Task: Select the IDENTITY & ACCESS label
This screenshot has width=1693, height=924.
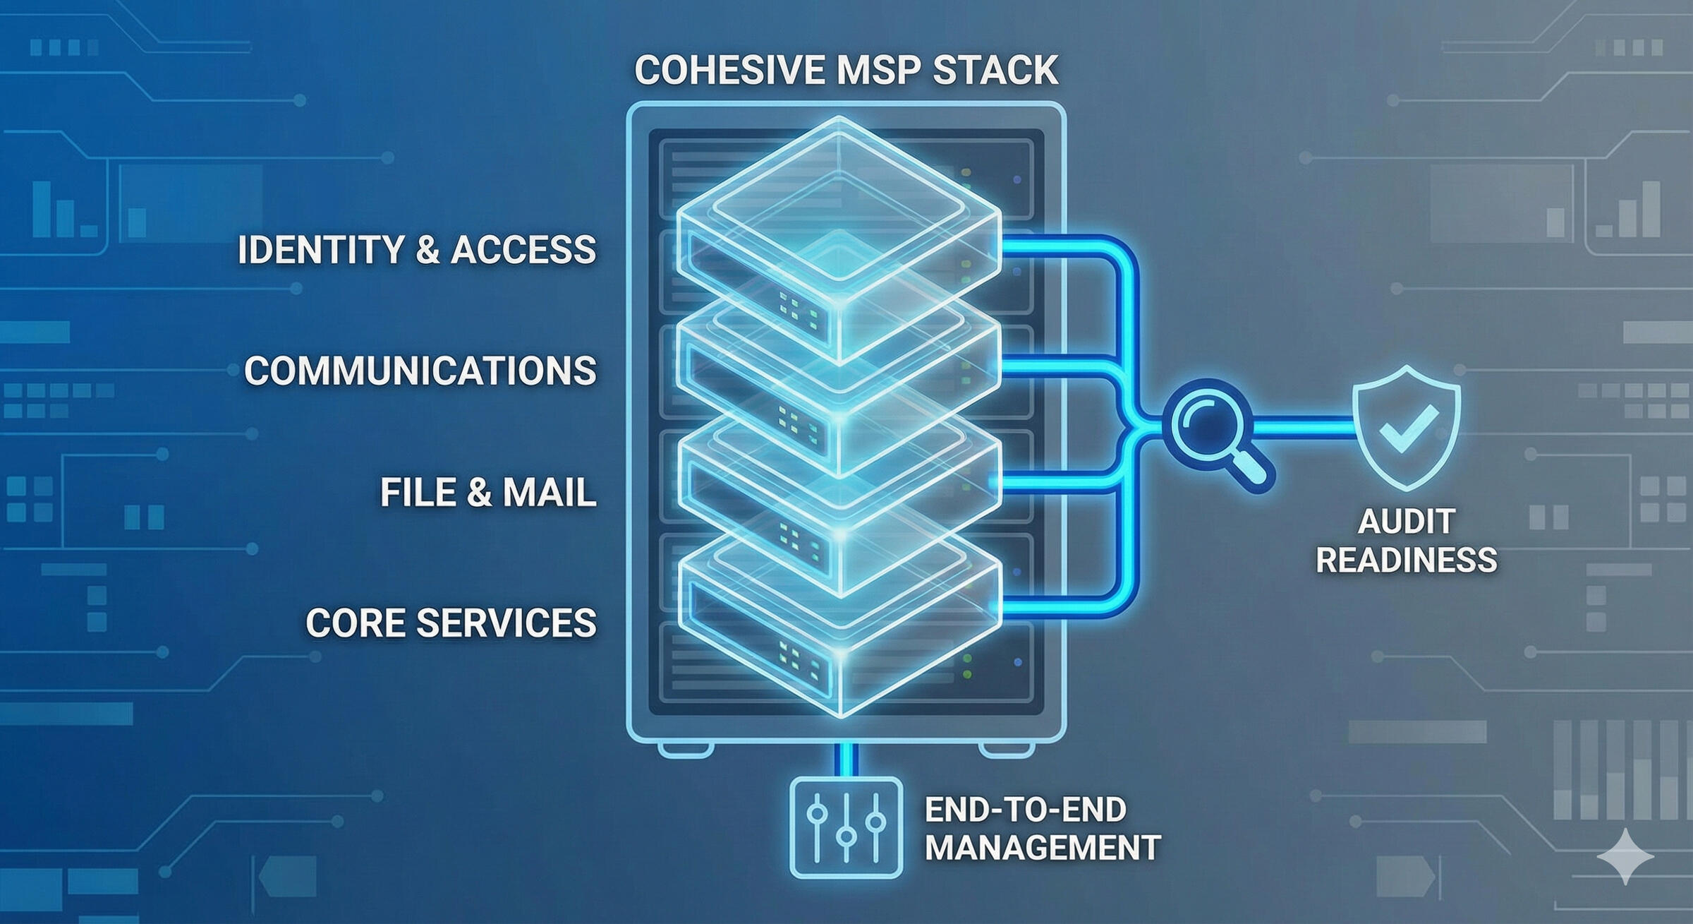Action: click(x=417, y=250)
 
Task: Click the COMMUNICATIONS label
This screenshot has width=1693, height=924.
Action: click(x=420, y=371)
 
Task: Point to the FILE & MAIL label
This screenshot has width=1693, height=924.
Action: click(x=488, y=492)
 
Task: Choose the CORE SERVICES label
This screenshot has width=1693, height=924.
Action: click(x=451, y=623)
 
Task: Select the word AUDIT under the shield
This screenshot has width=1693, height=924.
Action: click(x=1406, y=522)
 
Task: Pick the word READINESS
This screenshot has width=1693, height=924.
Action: click(x=1406, y=560)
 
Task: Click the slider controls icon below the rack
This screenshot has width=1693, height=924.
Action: click(x=846, y=827)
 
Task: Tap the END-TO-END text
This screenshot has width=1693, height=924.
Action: click(x=1025, y=810)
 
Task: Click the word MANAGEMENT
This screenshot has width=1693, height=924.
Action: click(x=1043, y=848)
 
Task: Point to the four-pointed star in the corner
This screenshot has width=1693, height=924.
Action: click(x=1625, y=856)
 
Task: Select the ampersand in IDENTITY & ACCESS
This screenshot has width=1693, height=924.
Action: click(x=427, y=250)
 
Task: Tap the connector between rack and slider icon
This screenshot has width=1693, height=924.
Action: click(x=846, y=759)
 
